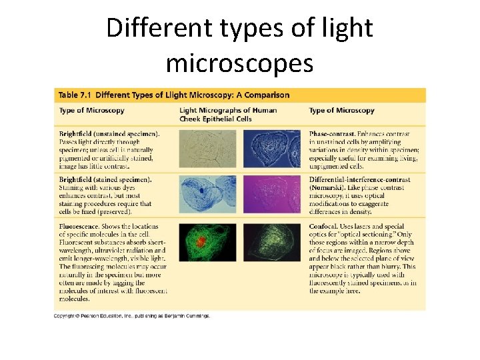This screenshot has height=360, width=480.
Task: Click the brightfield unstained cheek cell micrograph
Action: click(x=207, y=148)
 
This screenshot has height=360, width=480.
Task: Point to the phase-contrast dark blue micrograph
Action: click(x=271, y=148)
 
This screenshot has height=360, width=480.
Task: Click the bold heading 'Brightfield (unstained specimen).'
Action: click(x=109, y=133)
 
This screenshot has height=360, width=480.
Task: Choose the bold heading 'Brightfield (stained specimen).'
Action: click(x=105, y=180)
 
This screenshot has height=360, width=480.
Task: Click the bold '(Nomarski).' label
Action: click(x=331, y=188)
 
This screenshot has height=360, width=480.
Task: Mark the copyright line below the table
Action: click(x=132, y=316)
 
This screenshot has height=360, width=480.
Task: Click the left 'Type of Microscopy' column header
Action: click(x=91, y=111)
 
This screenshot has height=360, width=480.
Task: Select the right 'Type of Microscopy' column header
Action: click(x=341, y=111)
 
